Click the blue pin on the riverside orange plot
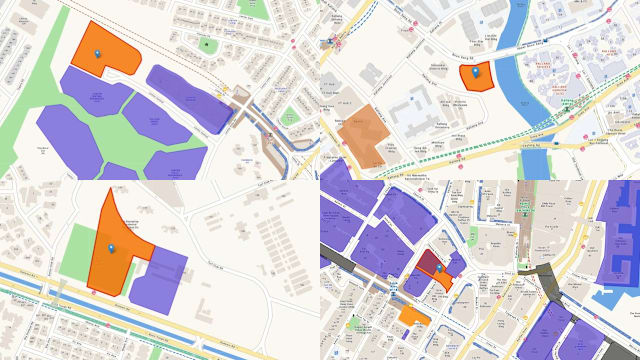click(475, 71)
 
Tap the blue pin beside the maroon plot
click(437, 269)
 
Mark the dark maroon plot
click(427, 262)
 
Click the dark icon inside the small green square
click(206, 45)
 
